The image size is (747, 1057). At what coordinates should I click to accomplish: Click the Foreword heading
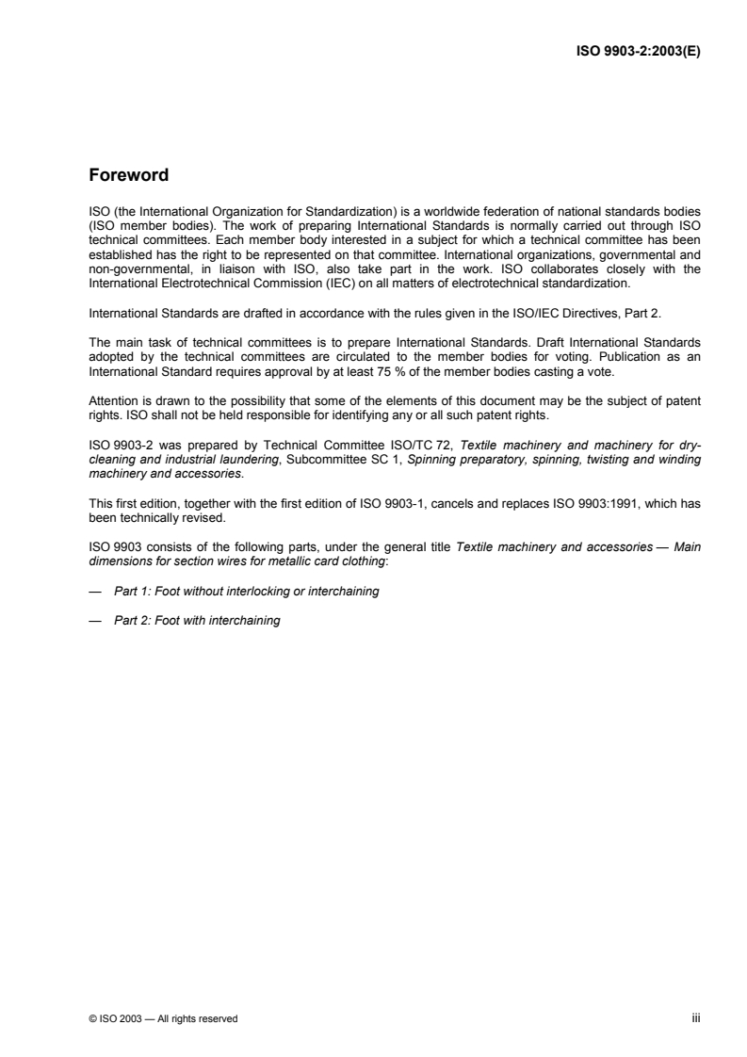[128, 175]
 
